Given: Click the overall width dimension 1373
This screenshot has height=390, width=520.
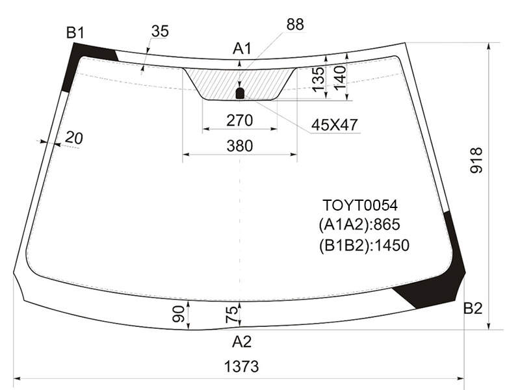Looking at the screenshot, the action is click(x=241, y=367).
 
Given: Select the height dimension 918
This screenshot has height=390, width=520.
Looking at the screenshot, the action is click(x=476, y=161).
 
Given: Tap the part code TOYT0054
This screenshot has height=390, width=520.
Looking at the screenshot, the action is click(x=360, y=205).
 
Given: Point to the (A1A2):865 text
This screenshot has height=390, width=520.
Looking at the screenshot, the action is click(x=359, y=224).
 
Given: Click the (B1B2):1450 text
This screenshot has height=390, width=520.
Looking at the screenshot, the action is click(x=364, y=246).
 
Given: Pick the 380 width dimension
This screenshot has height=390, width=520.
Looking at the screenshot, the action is click(x=240, y=146).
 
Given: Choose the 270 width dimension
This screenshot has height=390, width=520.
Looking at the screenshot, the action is click(x=240, y=120).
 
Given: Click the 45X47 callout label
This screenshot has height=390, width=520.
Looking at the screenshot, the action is click(x=335, y=125).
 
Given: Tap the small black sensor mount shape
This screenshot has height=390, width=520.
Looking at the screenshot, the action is click(x=240, y=93).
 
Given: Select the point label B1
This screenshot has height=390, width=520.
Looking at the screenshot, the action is click(x=75, y=33).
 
